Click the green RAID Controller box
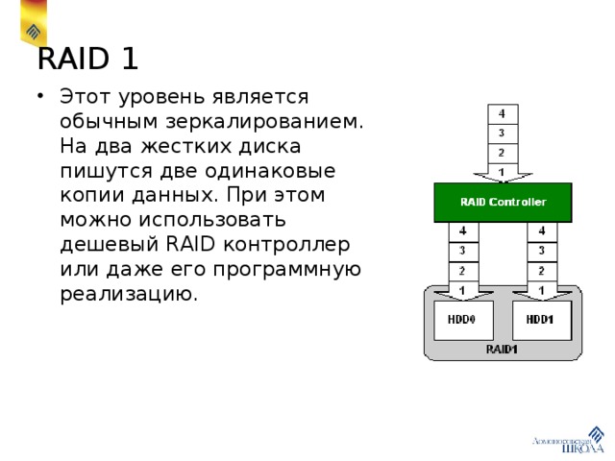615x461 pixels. pos(503,203)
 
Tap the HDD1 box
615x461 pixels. pos(541,319)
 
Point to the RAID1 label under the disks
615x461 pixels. pos(502,350)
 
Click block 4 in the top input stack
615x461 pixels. pos(503,113)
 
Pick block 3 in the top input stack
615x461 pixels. pos(503,133)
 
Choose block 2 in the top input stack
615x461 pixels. pos(503,152)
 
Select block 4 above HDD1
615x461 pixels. pos(541,231)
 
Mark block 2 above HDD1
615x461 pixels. pos(541,270)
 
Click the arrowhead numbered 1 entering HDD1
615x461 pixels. pos(541,289)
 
